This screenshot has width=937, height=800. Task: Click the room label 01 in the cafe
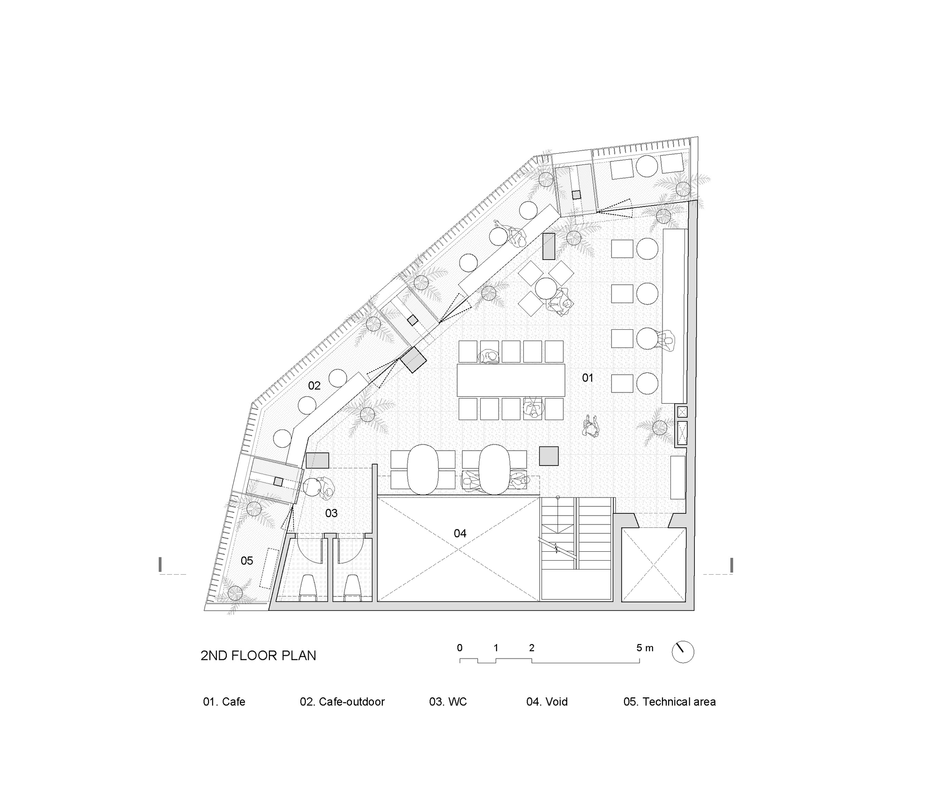click(587, 378)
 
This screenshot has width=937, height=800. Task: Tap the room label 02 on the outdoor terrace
click(314, 385)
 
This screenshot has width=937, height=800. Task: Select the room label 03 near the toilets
click(331, 513)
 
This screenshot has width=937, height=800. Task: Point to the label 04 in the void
click(460, 533)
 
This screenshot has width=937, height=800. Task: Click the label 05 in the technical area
click(247, 561)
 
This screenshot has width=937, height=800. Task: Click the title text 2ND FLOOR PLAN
click(258, 655)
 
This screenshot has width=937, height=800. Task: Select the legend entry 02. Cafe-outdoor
click(342, 702)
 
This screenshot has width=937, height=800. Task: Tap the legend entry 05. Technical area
click(669, 702)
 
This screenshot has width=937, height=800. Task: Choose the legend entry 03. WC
click(448, 702)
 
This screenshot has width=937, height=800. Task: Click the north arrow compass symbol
click(683, 652)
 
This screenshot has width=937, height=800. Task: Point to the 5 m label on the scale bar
click(645, 648)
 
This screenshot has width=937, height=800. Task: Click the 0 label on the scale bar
click(460, 648)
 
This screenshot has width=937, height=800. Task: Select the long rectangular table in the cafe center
click(511, 380)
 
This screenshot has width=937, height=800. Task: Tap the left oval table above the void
click(423, 468)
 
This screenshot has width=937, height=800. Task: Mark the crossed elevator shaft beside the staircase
click(654, 564)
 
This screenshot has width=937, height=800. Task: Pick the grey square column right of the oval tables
click(549, 456)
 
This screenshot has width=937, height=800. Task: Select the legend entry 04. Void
click(547, 702)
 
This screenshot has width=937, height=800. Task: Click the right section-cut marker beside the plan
click(731, 565)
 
